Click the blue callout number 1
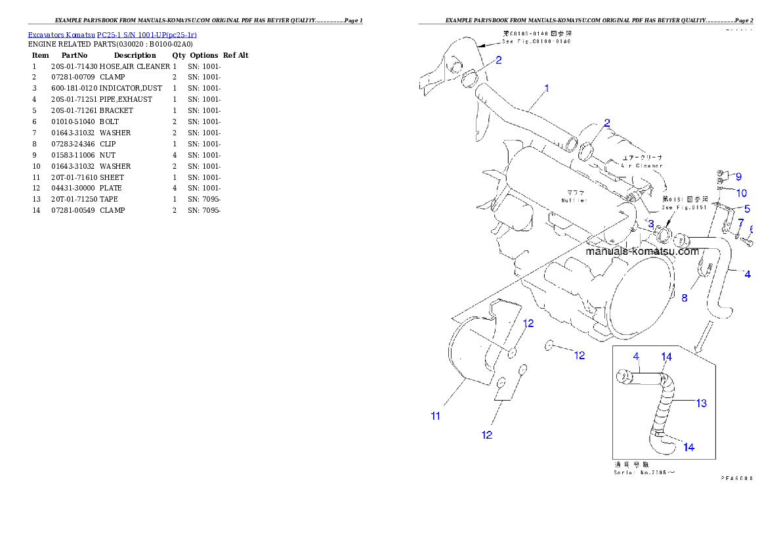click(x=547, y=87)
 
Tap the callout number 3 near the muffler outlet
click(x=651, y=224)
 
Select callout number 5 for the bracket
click(x=747, y=210)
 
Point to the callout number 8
click(x=684, y=298)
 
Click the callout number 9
click(x=738, y=177)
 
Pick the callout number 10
click(x=741, y=193)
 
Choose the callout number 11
click(x=435, y=415)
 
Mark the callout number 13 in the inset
click(x=702, y=403)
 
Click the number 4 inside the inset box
click(x=636, y=357)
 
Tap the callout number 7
click(x=740, y=223)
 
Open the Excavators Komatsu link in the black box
click(x=112, y=34)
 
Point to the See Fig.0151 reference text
click(x=684, y=208)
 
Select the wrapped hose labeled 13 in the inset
click(x=664, y=404)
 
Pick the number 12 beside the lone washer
click(x=579, y=355)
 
